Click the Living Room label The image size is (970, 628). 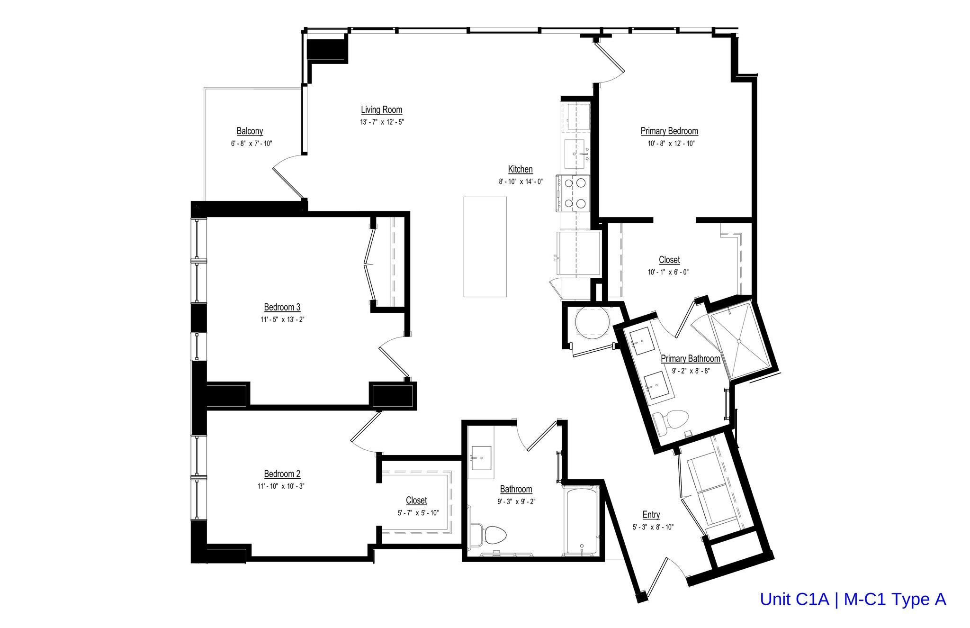(x=381, y=110)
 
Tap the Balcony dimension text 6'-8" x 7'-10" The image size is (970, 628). (x=251, y=144)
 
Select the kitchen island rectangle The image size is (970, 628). (x=485, y=247)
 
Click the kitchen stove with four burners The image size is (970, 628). (x=574, y=192)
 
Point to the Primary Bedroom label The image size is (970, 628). (x=669, y=131)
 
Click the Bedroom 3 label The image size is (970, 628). (x=282, y=308)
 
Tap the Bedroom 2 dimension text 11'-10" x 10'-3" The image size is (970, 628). (x=282, y=486)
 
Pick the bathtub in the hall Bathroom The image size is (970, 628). (x=581, y=519)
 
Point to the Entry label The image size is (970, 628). (x=651, y=515)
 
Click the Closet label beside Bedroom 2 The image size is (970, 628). (x=416, y=501)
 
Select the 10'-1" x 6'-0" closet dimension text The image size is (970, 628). (x=668, y=273)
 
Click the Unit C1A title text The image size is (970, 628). (x=853, y=600)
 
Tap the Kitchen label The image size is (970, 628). (x=520, y=170)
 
